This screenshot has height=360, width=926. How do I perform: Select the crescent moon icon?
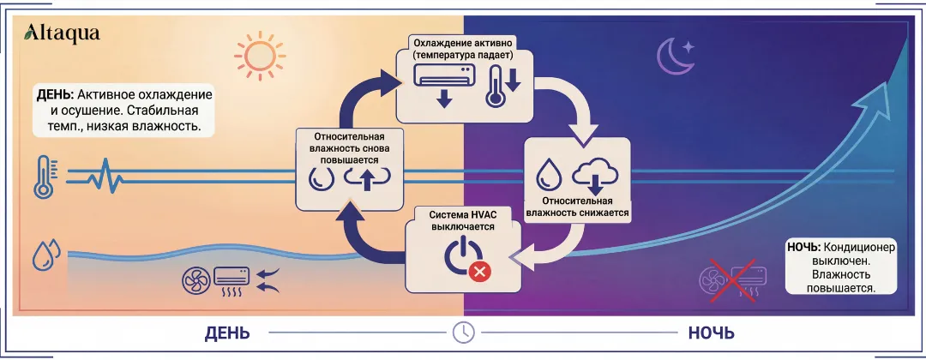pyautogui.click(x=673, y=56)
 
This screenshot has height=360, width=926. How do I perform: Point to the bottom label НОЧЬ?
pyautogui.click(x=711, y=333)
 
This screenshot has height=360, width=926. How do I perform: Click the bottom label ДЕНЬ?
pyautogui.click(x=227, y=333)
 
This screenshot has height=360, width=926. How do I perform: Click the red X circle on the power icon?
pyautogui.click(x=478, y=273)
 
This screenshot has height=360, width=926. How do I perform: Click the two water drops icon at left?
pyautogui.click(x=46, y=254)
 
